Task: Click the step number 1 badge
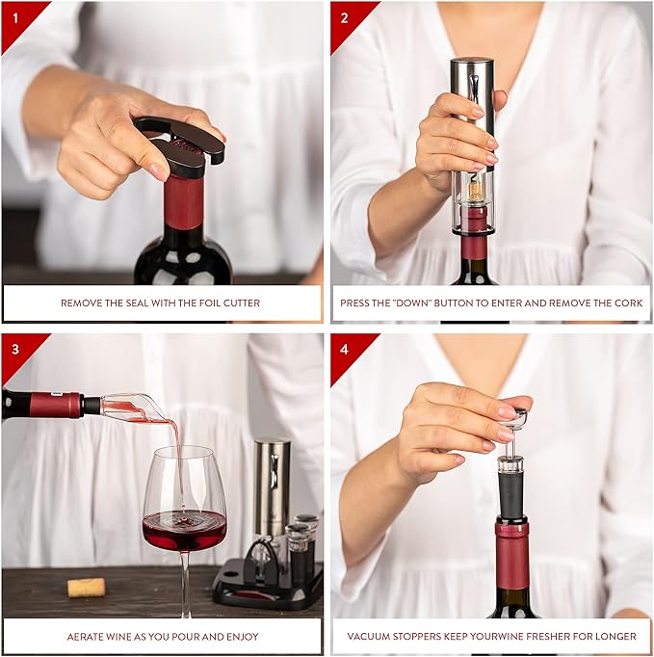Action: pyautogui.click(x=13, y=16)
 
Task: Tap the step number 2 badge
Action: pyautogui.click(x=343, y=16)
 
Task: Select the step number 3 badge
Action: pyautogui.click(x=13, y=348)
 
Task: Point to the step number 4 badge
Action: pyautogui.click(x=343, y=348)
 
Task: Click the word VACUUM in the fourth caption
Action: pyautogui.click(x=374, y=636)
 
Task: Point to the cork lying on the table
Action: pyautogui.click(x=86, y=587)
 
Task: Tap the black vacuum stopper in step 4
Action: pyautogui.click(x=511, y=491)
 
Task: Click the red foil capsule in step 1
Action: pyautogui.click(x=183, y=202)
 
